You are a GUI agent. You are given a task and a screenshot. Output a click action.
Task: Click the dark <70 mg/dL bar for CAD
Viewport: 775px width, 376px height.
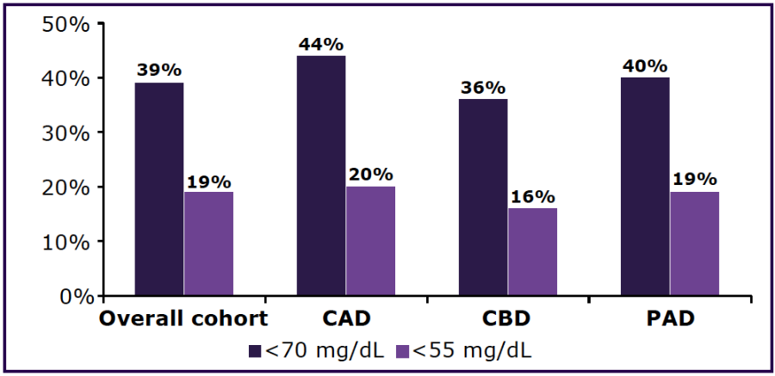point(321,176)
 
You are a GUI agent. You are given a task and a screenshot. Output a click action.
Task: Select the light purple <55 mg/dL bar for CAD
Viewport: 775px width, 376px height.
point(370,241)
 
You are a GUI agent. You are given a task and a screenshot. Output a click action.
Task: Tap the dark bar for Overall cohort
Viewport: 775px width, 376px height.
point(159,189)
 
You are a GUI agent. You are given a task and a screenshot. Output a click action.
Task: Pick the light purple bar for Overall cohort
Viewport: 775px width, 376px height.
point(208,243)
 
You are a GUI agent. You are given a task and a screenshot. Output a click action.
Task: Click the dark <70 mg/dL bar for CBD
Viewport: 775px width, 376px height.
point(483,197)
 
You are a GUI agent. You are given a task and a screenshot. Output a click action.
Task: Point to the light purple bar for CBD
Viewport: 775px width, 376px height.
point(532,252)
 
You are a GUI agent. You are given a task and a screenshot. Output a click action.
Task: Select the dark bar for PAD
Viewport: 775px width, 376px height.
point(645,187)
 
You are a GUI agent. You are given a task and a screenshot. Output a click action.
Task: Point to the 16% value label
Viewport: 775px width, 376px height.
point(532,196)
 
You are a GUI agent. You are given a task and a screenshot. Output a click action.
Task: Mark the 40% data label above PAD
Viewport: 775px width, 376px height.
point(645,65)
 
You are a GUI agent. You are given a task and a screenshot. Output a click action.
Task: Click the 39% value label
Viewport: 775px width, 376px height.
point(159,71)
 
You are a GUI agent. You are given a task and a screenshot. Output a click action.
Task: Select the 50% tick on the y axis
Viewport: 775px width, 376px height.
point(65,24)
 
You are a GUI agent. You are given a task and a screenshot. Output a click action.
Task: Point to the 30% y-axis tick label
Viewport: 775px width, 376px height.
point(65,133)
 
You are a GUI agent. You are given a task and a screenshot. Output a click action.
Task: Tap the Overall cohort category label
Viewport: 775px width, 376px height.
point(183,320)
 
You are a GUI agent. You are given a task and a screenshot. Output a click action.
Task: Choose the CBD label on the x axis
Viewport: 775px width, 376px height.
point(506,320)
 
